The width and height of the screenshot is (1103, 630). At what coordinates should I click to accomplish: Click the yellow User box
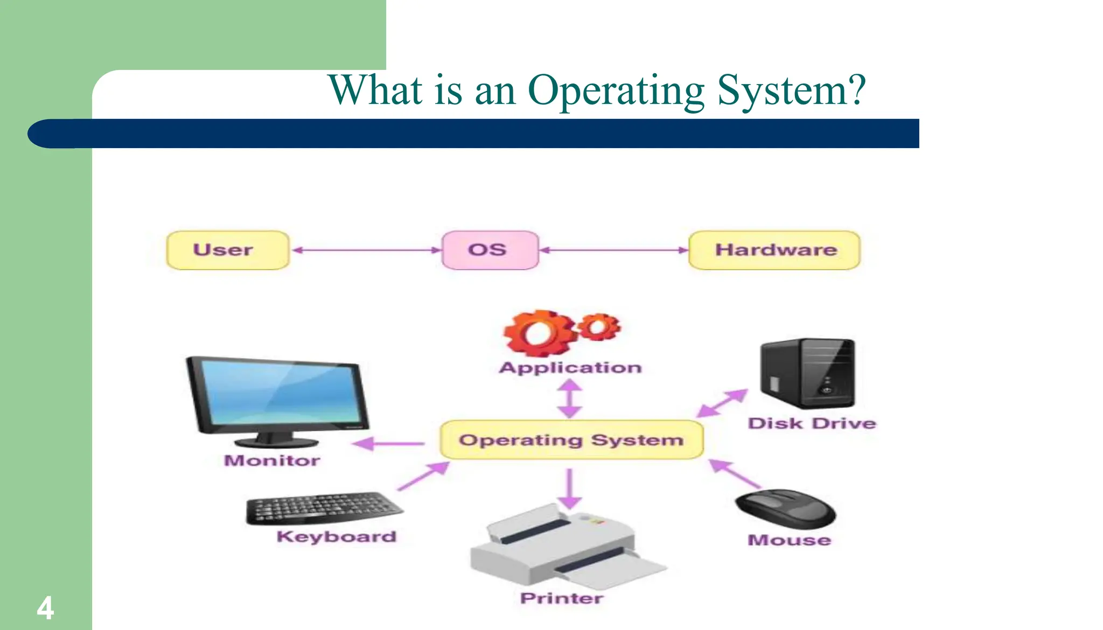[x=227, y=250]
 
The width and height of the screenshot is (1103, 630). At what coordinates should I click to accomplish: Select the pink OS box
[x=490, y=250]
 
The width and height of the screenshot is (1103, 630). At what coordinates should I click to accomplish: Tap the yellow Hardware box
[x=774, y=250]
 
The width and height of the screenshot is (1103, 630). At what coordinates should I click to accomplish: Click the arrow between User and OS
[x=366, y=250]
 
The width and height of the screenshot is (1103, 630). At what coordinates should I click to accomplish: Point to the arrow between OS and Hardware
[x=614, y=250]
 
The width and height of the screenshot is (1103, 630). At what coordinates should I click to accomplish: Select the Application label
[x=570, y=368]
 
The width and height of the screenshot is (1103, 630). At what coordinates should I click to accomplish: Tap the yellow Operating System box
[x=571, y=440]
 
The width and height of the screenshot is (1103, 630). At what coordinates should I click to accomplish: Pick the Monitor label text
[x=272, y=461]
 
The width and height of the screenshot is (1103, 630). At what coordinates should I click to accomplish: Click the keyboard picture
[x=323, y=508]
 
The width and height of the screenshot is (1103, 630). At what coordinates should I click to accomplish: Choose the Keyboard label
[x=337, y=537]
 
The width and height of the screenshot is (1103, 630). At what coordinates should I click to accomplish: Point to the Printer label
[x=562, y=598]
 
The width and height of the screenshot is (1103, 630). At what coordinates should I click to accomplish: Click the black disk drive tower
[x=807, y=373]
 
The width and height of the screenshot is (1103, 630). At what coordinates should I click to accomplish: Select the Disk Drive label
[x=812, y=424]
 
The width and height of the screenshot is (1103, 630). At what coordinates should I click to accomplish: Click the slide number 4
[x=45, y=608]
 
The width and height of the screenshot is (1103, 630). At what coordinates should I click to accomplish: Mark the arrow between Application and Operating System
[x=570, y=399]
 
